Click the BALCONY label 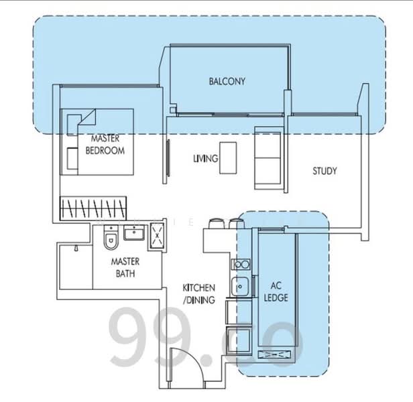point(227,81)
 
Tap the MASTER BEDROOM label point(105,145)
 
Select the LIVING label point(206,158)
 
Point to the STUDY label point(324,171)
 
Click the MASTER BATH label point(125,267)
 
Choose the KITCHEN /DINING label point(199,294)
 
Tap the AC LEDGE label point(276,291)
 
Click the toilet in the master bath point(111,237)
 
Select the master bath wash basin point(134,232)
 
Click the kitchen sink point(240,287)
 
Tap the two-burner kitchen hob point(241,264)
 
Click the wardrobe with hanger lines point(93,208)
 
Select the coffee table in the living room point(228,158)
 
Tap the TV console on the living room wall point(168,158)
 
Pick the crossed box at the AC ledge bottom point(274,354)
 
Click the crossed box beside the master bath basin point(157,236)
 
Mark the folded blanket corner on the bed point(87,118)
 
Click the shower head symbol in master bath point(76,249)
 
